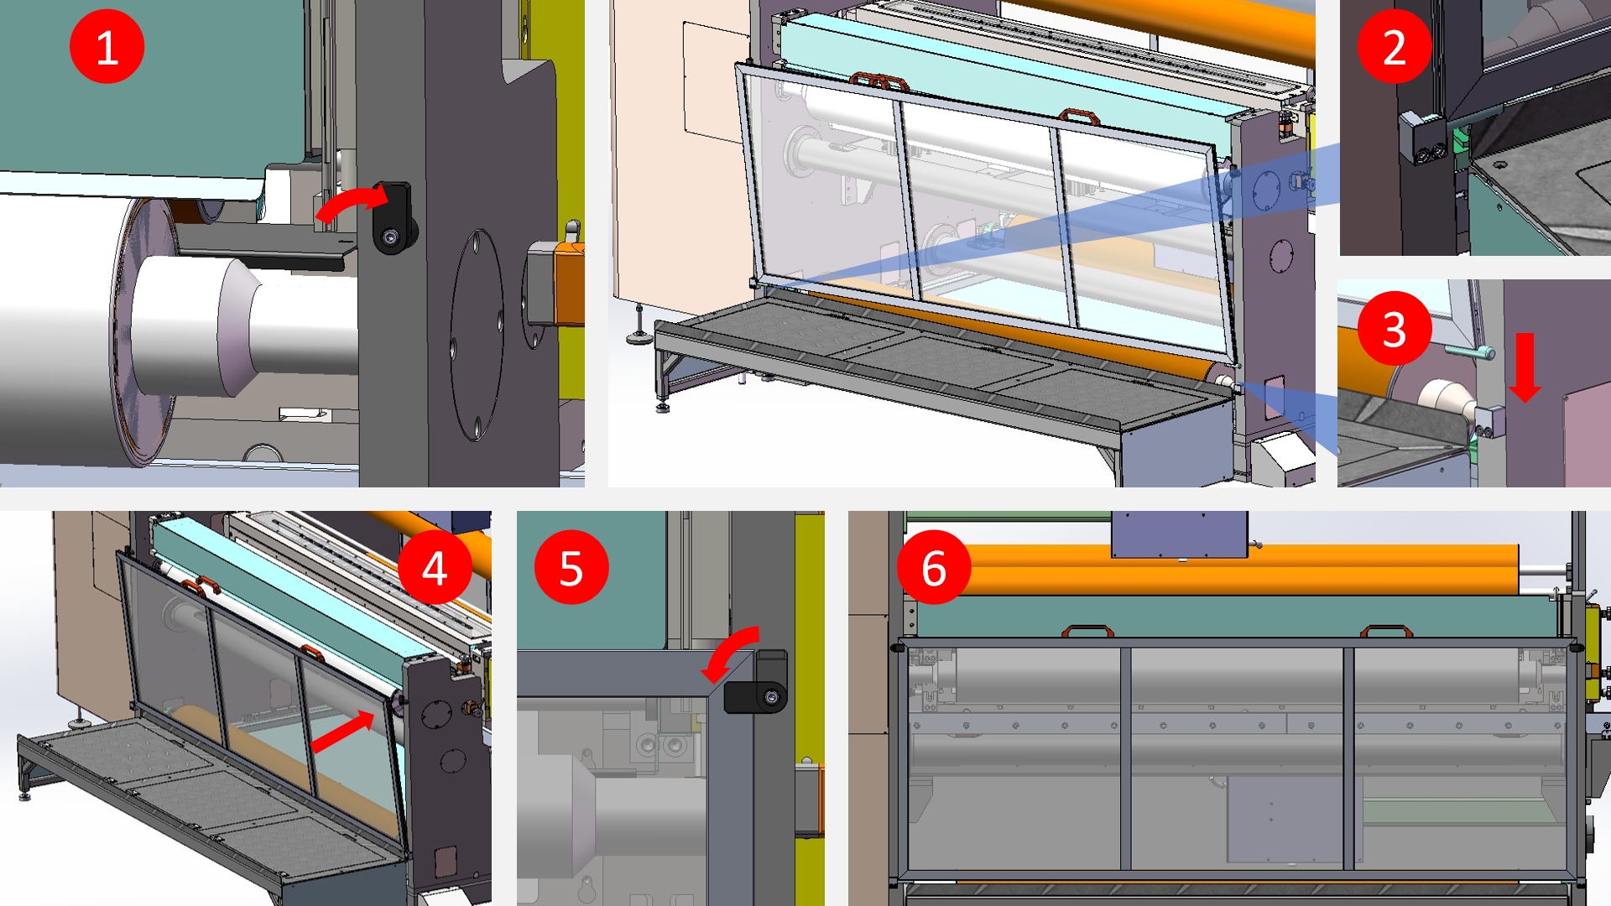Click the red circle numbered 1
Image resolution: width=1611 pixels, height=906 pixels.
click(107, 47)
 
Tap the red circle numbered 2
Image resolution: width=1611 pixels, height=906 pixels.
click(1394, 47)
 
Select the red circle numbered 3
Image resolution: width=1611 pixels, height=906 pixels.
click(1394, 328)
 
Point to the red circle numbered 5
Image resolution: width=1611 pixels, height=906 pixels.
click(571, 567)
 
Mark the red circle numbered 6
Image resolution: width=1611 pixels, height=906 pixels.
click(934, 567)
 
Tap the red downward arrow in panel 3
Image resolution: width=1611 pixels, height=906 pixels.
click(1525, 367)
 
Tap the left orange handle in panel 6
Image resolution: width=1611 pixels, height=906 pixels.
click(1087, 631)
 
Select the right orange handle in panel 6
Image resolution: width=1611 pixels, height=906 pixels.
click(1386, 631)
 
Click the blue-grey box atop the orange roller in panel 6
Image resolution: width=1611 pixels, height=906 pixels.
click(1179, 534)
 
